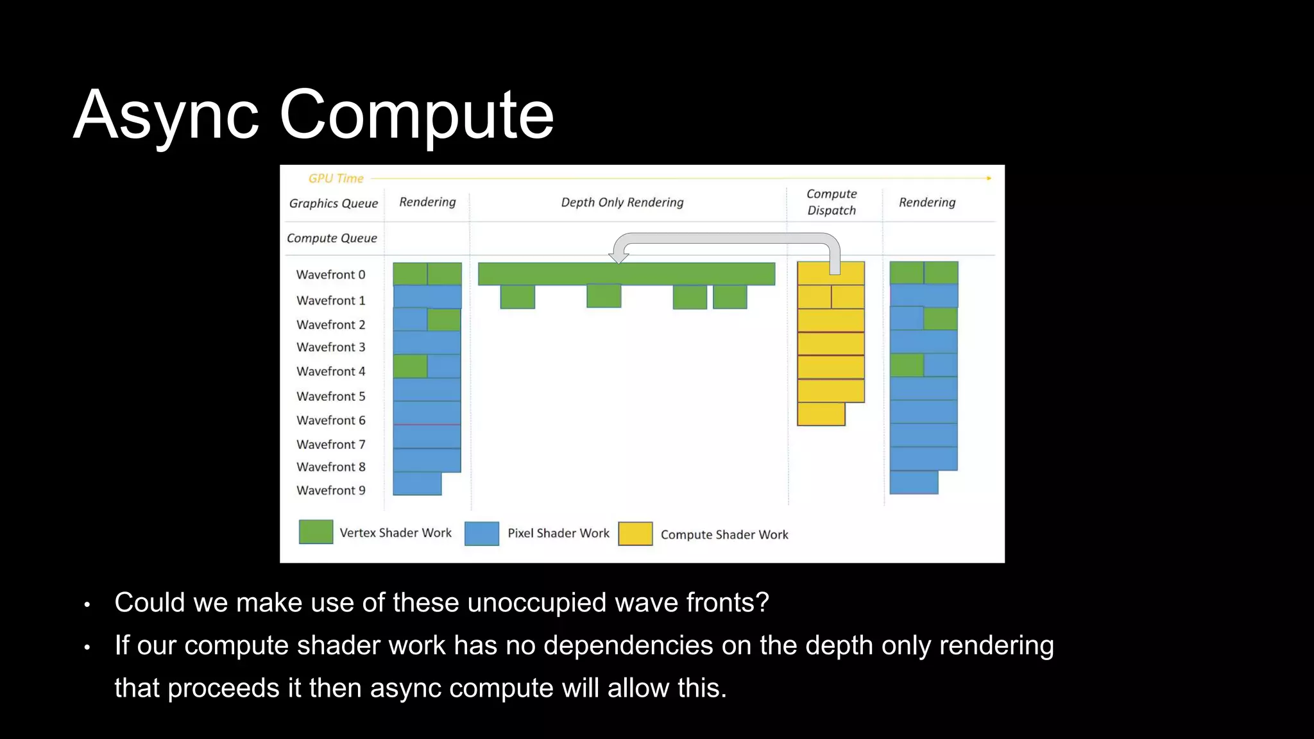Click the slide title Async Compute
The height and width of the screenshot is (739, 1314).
click(313, 115)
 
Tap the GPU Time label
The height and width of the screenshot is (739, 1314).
click(336, 178)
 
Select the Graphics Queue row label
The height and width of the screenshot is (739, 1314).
click(333, 203)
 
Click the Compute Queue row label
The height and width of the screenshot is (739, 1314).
click(332, 238)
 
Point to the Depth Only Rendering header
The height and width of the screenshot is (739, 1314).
click(622, 203)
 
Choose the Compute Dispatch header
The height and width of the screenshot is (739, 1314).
click(832, 202)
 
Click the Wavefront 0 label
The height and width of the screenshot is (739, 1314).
click(330, 275)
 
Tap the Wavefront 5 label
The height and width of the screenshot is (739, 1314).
click(330, 396)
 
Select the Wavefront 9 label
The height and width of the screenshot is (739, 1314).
click(330, 491)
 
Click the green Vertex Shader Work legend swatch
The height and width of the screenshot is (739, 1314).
click(316, 532)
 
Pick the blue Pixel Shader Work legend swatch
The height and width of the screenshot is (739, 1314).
click(481, 534)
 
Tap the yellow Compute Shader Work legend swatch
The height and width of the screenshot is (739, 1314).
click(635, 534)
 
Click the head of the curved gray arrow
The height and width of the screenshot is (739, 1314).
click(619, 257)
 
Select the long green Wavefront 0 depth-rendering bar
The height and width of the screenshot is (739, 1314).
click(626, 274)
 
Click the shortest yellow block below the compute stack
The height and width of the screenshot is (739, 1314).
click(821, 414)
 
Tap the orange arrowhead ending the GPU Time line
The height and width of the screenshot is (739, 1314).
click(989, 178)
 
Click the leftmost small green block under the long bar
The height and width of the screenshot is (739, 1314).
click(517, 297)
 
